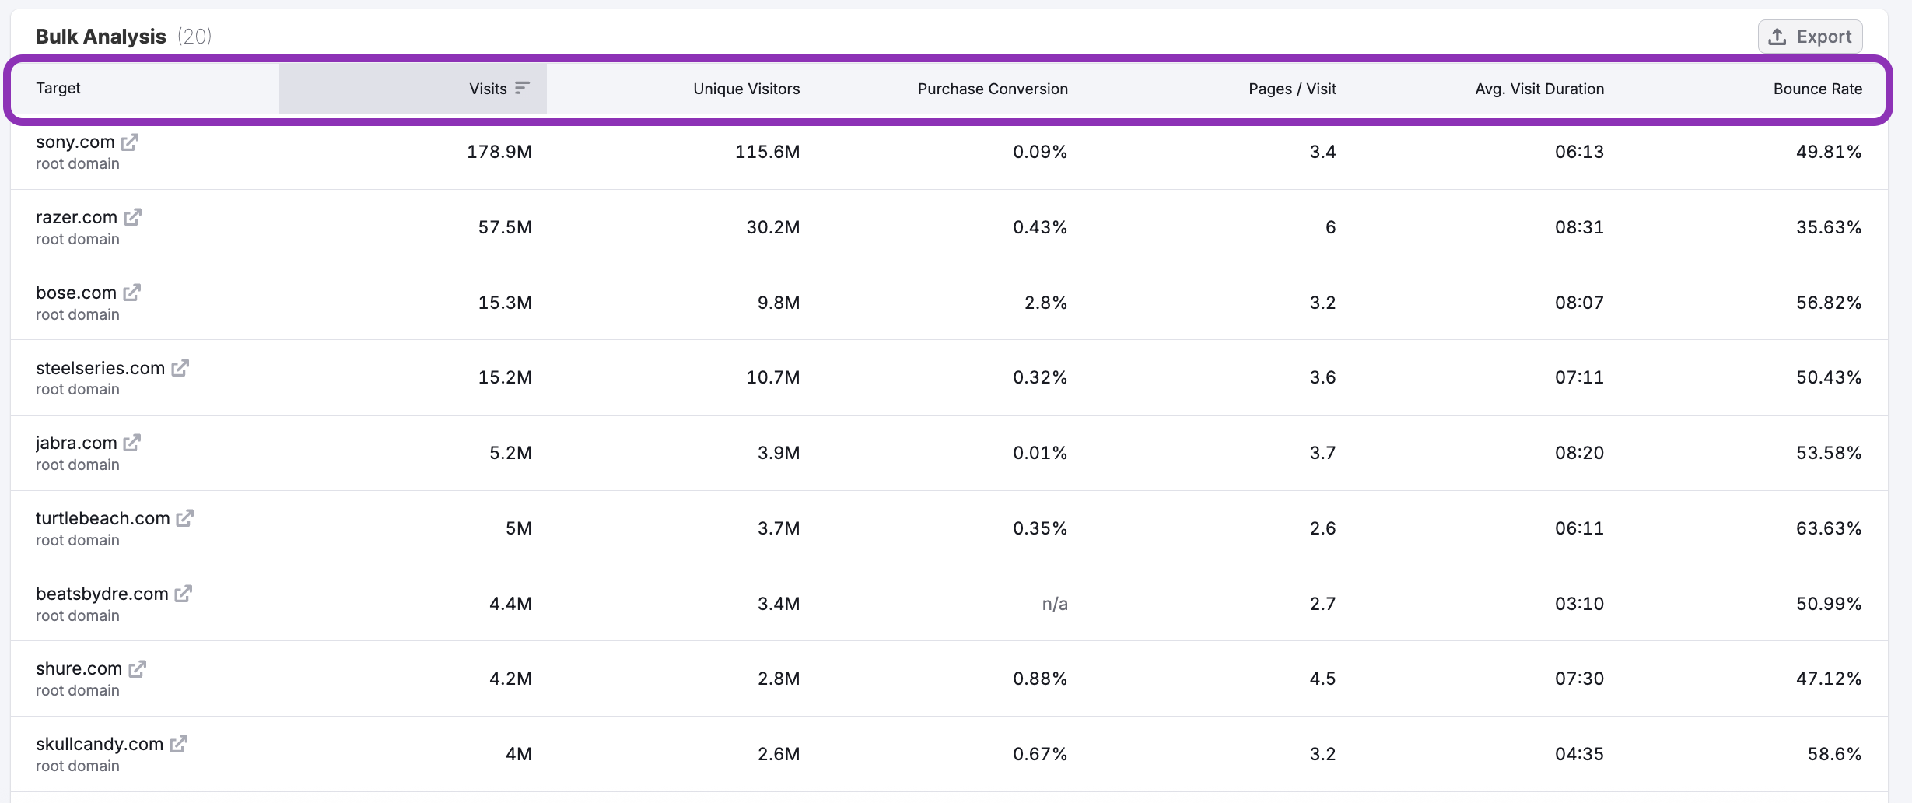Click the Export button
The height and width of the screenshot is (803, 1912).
[1809, 37]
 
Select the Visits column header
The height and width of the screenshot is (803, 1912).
[488, 89]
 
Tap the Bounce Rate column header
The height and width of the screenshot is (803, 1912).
[1817, 89]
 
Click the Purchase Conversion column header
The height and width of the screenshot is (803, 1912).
[992, 89]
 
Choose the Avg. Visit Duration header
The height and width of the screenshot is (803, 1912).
[1539, 89]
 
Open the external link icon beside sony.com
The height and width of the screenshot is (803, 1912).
[130, 142]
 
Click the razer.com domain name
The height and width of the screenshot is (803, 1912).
[76, 217]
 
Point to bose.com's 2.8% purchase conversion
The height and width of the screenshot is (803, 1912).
[1045, 303]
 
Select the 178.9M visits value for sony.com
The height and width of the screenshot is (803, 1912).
[499, 152]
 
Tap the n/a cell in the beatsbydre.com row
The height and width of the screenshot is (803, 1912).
[1054, 604]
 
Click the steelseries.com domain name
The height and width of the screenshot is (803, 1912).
[100, 368]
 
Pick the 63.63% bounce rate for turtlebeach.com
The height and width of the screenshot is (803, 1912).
[1828, 528]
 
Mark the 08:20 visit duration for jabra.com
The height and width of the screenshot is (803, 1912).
[1578, 453]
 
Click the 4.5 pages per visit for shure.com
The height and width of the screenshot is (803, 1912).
[1322, 679]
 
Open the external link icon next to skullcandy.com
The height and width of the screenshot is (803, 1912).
[178, 744]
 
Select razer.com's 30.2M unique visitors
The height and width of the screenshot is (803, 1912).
[772, 227]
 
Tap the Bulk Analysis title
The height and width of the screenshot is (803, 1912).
[100, 37]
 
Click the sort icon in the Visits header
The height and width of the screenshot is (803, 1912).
[522, 88]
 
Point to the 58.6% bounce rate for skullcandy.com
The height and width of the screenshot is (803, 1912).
[1833, 754]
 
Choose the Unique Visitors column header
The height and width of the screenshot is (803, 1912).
[745, 89]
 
